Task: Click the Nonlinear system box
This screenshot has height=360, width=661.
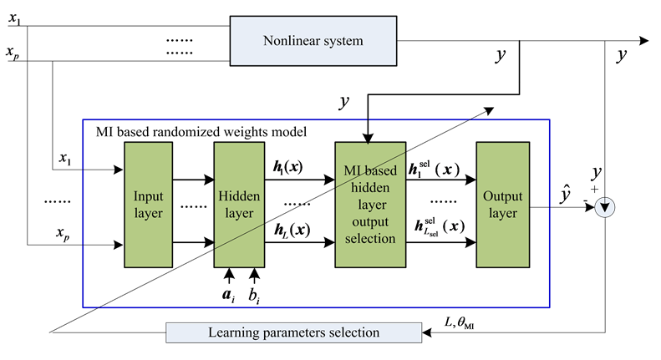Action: pyautogui.click(x=313, y=41)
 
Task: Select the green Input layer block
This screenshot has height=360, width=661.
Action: pyautogui.click(x=148, y=205)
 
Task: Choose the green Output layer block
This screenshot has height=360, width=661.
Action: pyautogui.click(x=502, y=205)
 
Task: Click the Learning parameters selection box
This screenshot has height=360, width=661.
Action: pyautogui.click(x=293, y=332)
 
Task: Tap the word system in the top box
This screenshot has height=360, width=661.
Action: pyautogui.click(x=343, y=41)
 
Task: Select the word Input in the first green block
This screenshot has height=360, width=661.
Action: pyautogui.click(x=148, y=197)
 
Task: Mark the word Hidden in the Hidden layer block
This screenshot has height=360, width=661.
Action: pyautogui.click(x=239, y=197)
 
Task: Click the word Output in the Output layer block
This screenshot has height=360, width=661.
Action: pyautogui.click(x=502, y=197)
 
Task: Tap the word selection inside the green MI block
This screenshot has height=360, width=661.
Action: pyautogui.click(x=370, y=239)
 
